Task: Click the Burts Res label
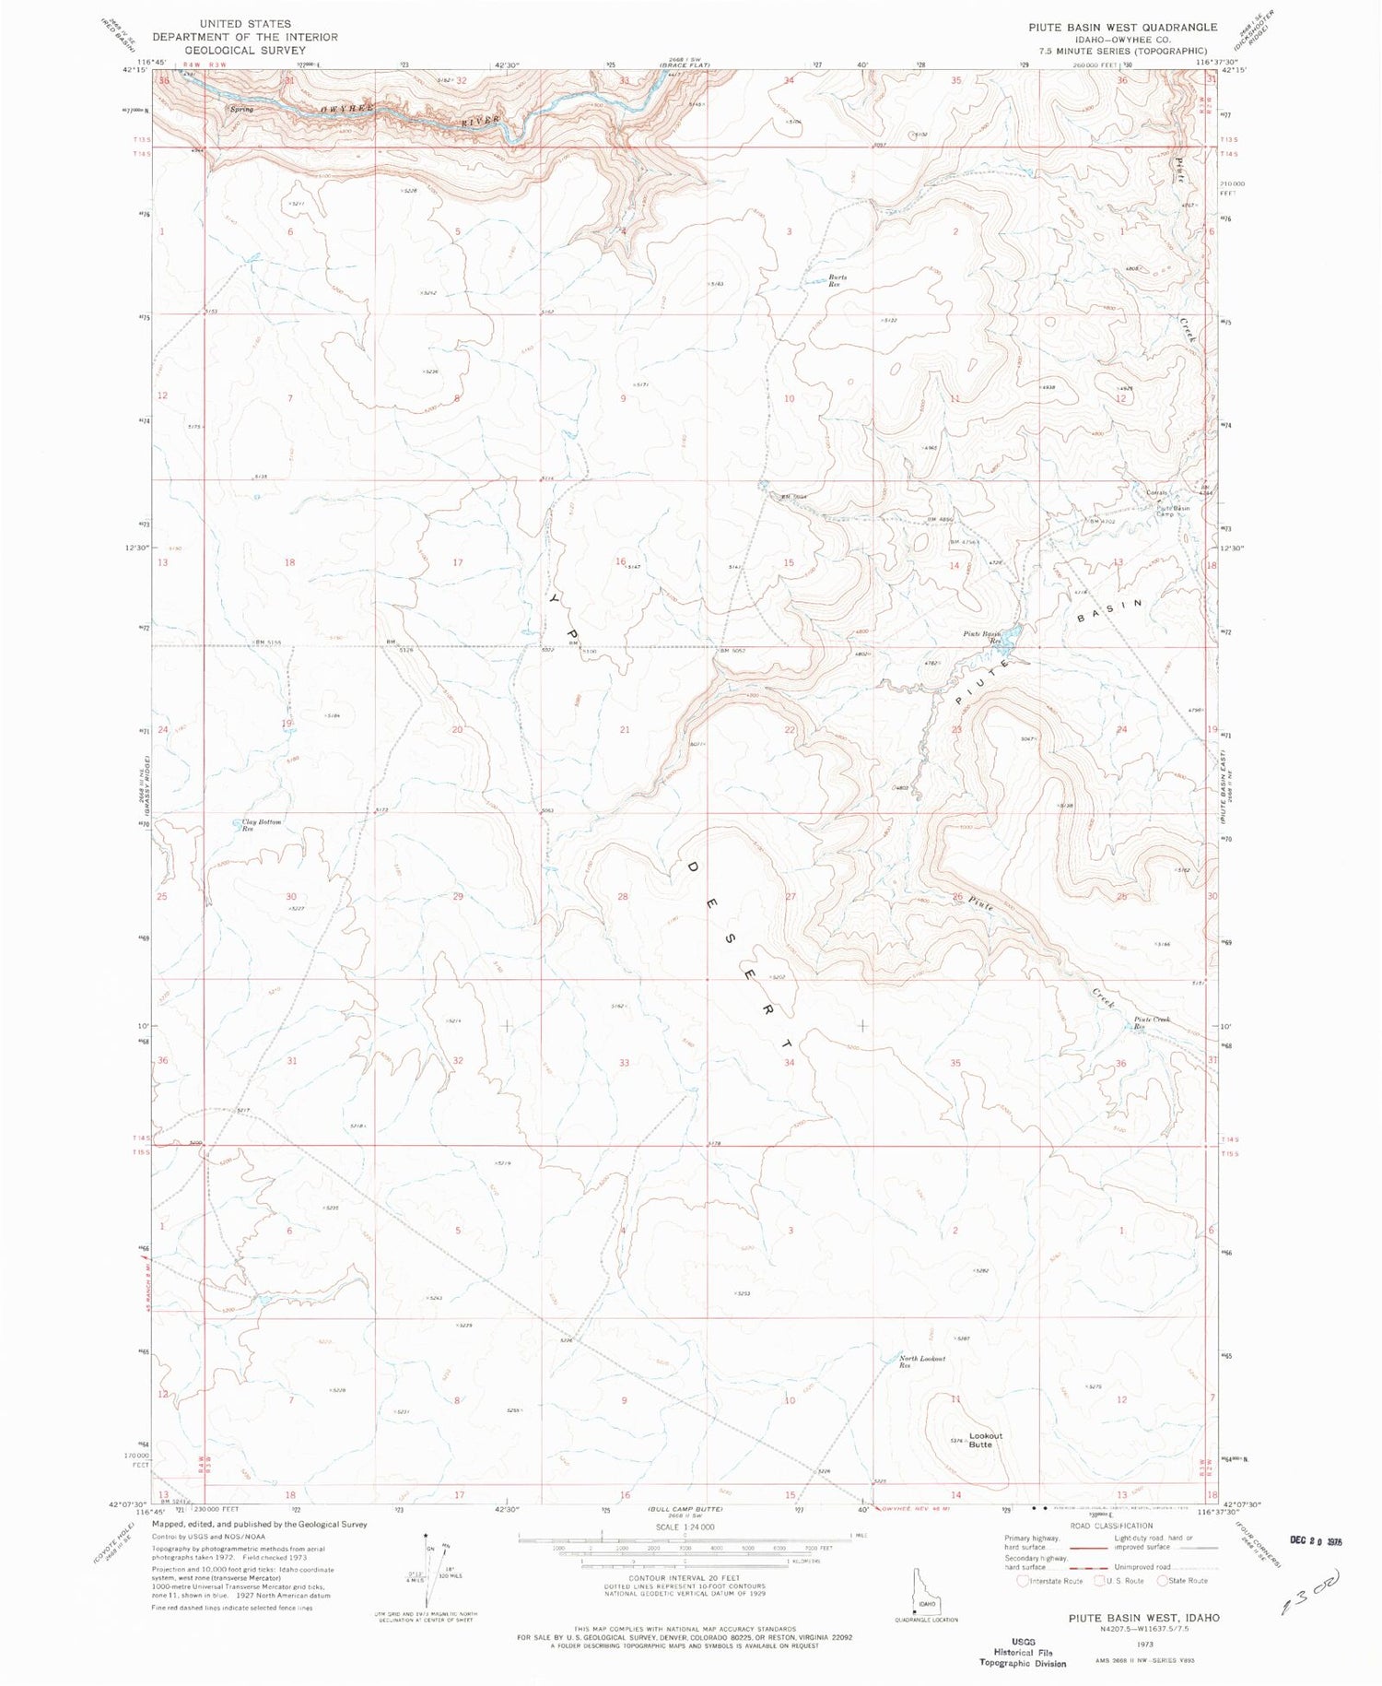coord(837,280)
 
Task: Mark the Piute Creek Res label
coord(1152,1022)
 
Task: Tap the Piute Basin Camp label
coord(1173,511)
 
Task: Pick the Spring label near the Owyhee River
coord(241,109)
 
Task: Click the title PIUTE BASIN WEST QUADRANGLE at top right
coord(1122,28)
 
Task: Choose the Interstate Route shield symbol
coord(1023,1580)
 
